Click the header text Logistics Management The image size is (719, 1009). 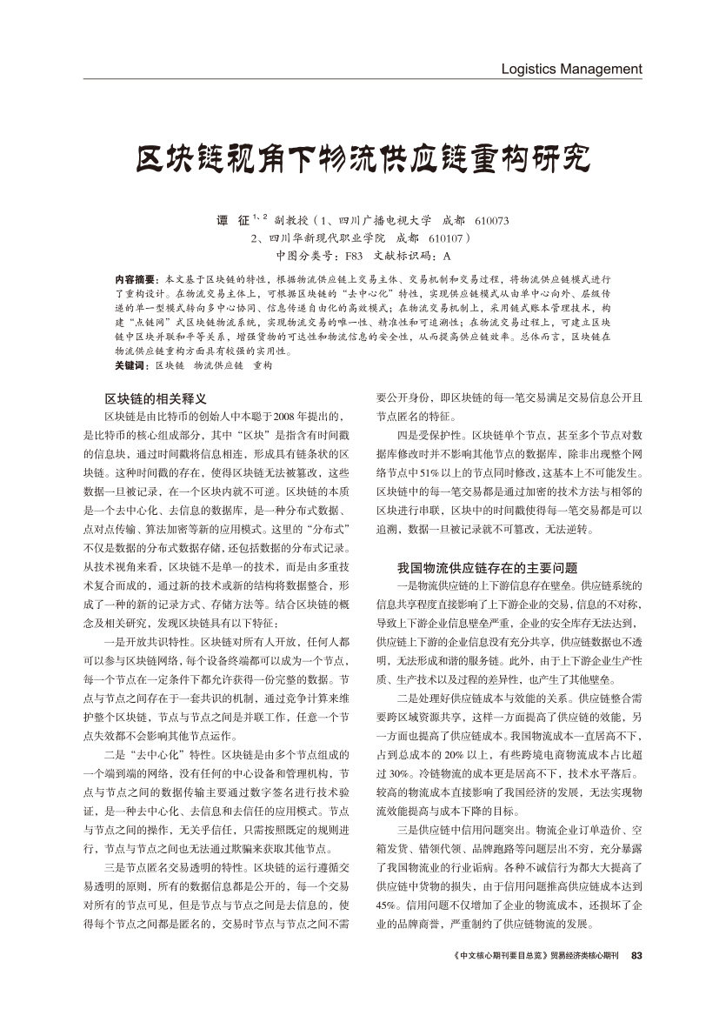(x=571, y=69)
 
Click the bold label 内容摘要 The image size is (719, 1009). (x=134, y=279)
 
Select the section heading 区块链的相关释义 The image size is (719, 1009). (x=156, y=398)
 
